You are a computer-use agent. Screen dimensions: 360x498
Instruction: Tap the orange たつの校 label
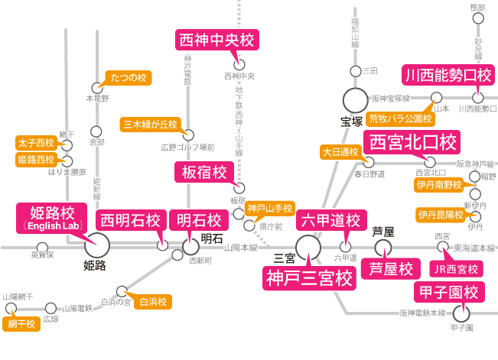tap(129, 77)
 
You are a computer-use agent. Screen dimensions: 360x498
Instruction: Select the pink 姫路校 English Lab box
tap(51, 218)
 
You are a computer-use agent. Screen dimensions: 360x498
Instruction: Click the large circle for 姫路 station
tap(96, 246)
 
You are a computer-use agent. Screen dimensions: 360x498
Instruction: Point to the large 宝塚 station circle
tap(354, 100)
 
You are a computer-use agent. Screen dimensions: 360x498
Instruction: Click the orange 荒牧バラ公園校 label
tap(401, 118)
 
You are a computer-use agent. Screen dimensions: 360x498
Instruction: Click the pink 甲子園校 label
tap(449, 293)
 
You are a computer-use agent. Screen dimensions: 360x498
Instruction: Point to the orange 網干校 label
tap(21, 324)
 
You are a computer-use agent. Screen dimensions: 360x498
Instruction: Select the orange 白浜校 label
tap(151, 302)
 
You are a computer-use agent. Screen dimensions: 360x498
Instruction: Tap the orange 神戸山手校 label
tap(270, 208)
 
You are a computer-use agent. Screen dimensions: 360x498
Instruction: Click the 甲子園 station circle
tap(461, 313)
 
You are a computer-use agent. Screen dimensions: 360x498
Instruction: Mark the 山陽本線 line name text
tap(240, 248)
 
